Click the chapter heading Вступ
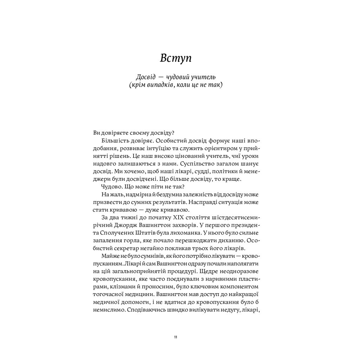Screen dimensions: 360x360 point(175,58)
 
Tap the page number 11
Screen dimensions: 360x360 point(175,337)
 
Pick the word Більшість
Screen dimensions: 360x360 point(115,140)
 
